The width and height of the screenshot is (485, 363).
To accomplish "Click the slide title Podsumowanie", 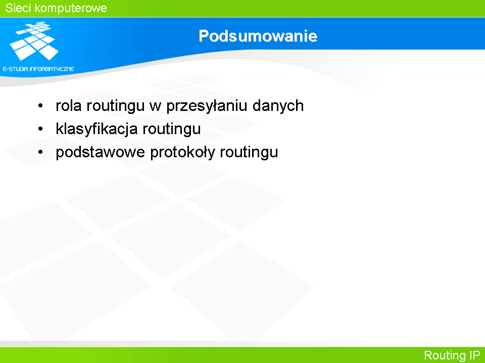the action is click(x=258, y=36).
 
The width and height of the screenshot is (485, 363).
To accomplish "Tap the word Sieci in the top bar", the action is click(x=18, y=8).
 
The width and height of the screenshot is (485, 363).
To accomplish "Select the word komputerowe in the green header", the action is click(x=71, y=8).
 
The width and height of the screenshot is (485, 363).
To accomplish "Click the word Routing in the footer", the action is click(x=445, y=355).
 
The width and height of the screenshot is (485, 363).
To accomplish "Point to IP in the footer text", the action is click(x=475, y=355).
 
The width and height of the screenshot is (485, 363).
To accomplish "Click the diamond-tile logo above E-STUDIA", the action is click(x=34, y=41).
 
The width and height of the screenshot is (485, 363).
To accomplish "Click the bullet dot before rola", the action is click(x=40, y=105).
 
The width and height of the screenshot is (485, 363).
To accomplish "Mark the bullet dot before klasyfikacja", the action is click(x=40, y=129).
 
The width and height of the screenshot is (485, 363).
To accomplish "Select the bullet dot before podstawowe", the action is click(x=40, y=152).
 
